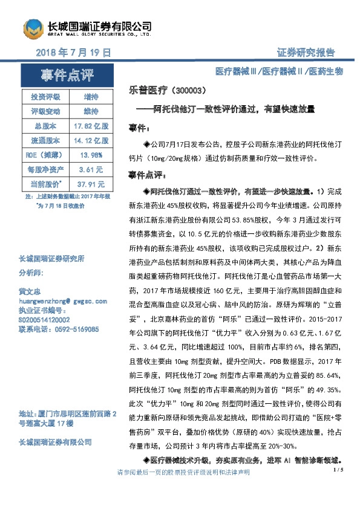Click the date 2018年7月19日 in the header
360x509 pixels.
point(73,53)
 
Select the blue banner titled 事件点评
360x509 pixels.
point(67,76)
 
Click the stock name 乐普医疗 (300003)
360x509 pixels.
point(168,90)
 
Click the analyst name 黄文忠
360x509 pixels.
point(31,291)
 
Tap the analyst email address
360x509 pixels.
point(64,300)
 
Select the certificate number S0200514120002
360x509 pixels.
point(44,320)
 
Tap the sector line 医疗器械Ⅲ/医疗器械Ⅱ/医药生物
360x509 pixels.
point(280,71)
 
